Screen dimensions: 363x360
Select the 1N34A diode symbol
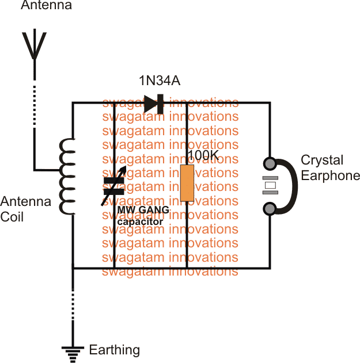coord(154,104)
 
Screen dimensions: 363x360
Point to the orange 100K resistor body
coord(187,183)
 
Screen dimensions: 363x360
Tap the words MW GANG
coord(143,211)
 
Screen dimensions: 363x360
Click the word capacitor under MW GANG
coord(140,220)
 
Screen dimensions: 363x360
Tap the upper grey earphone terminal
coord(269,163)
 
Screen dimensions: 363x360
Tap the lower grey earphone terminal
coord(269,208)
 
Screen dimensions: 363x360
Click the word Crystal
coord(322,161)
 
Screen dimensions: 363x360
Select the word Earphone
coord(331,175)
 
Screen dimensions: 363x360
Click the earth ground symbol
coord(73,352)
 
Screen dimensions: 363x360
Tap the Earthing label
coord(114,350)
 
